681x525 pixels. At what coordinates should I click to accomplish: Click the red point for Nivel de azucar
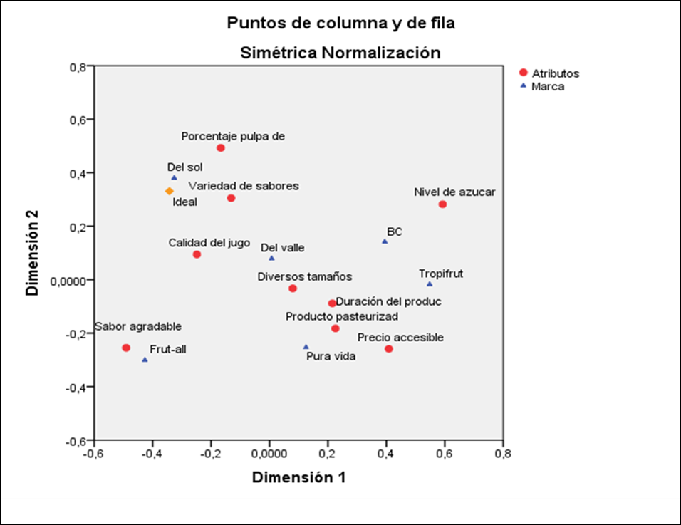tap(442, 204)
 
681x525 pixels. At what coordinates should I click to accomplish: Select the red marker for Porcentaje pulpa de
tap(221, 148)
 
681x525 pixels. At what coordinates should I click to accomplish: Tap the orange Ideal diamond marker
tap(170, 191)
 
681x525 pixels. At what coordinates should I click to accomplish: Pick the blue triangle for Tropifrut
tap(430, 284)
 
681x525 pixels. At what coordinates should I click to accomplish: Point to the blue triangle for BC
tap(385, 241)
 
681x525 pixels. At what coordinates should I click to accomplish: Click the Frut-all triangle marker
tap(145, 360)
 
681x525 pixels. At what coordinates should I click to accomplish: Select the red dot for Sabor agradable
tap(126, 348)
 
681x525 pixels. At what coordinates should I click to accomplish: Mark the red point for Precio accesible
tap(389, 349)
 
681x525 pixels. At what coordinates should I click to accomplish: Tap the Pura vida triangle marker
tap(306, 347)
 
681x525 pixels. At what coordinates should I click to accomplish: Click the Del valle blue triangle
tap(271, 258)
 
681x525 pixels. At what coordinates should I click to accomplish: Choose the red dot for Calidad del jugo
tap(197, 254)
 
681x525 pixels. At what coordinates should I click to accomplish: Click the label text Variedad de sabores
tap(244, 186)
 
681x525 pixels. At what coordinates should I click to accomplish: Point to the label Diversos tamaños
tap(305, 276)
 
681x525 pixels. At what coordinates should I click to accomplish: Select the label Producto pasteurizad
tap(342, 316)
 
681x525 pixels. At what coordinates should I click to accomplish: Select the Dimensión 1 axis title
tap(299, 477)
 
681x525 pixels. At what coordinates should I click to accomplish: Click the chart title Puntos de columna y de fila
tap(340, 23)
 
